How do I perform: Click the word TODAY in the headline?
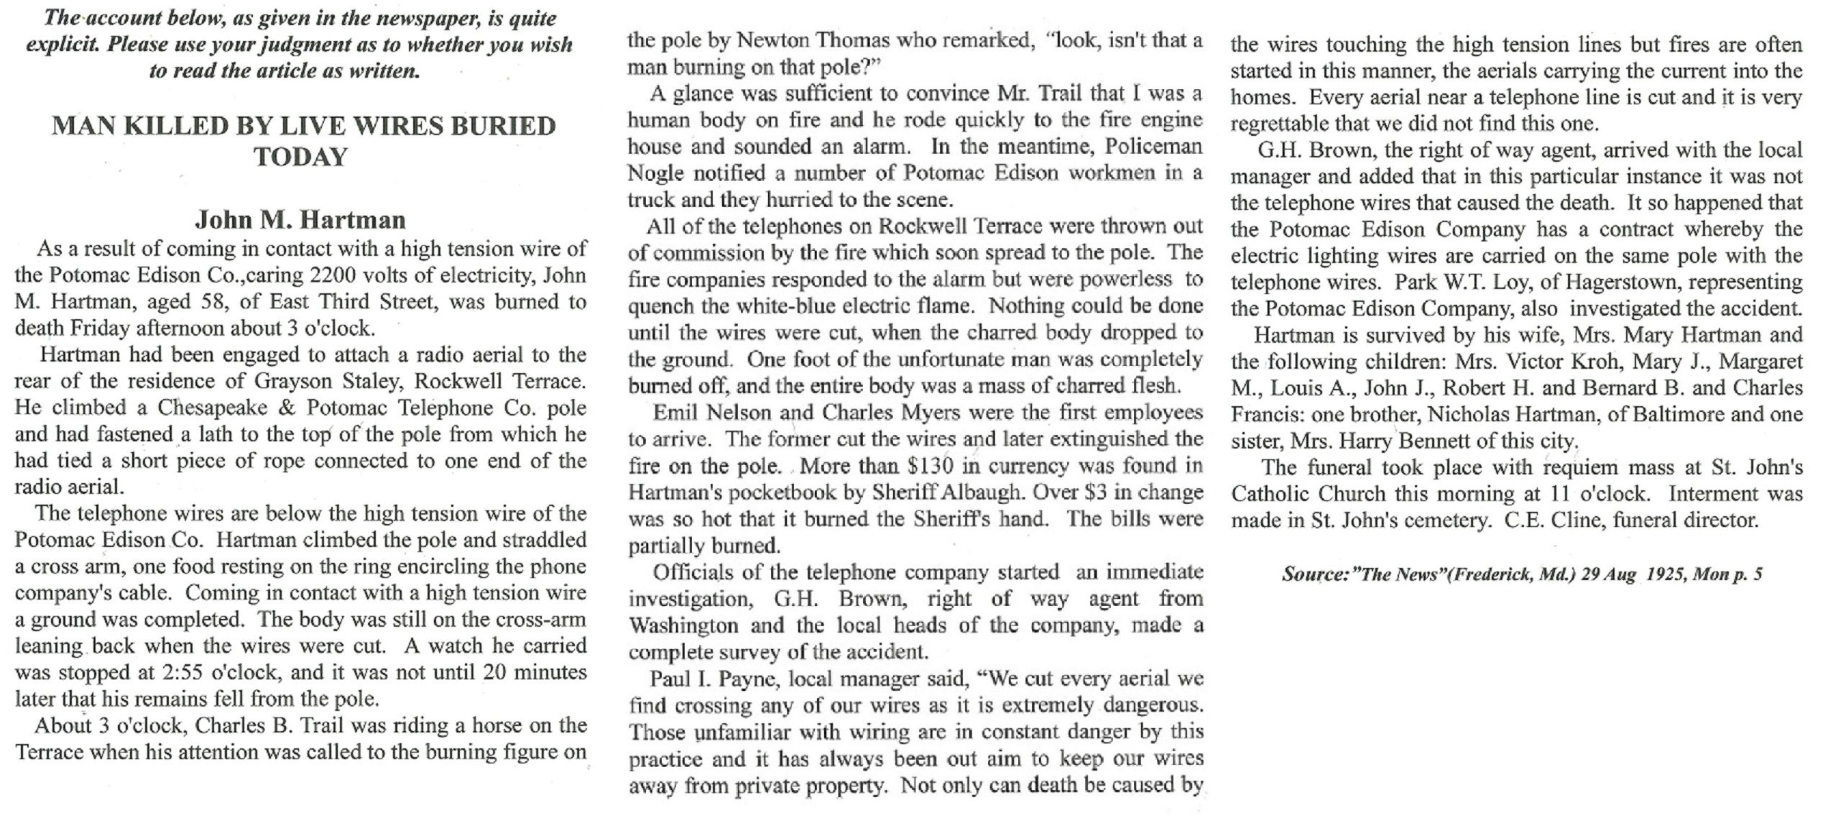click(x=300, y=157)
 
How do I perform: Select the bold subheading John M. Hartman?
click(x=300, y=219)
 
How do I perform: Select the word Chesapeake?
click(x=212, y=408)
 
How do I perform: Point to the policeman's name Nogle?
click(x=651, y=173)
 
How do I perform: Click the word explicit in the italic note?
click(x=61, y=45)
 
